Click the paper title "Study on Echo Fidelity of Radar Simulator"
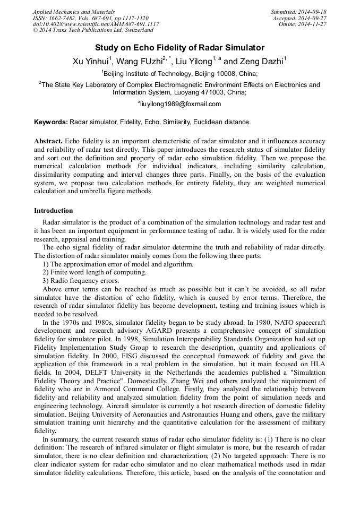179,48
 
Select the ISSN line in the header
90,18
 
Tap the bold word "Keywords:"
51,122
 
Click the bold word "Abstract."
49,141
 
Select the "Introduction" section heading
54,211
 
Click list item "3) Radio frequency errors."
81,281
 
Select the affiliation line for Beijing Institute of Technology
179,74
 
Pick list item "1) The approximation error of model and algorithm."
117,264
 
